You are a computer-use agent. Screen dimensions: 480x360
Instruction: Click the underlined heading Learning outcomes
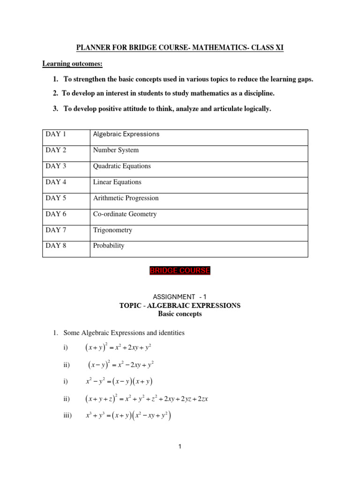click(x=72, y=63)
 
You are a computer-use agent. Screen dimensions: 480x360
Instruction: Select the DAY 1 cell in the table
click(x=56, y=134)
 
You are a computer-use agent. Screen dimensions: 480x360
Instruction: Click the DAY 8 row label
click(x=56, y=246)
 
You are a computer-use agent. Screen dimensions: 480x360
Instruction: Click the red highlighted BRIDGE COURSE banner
click(x=180, y=271)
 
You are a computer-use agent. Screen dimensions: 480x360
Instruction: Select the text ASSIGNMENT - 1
click(x=180, y=297)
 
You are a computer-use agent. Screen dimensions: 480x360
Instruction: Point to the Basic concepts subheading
click(x=180, y=314)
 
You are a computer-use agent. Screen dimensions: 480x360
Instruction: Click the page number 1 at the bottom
click(x=180, y=447)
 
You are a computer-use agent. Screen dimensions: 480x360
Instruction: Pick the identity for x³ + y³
click(x=128, y=415)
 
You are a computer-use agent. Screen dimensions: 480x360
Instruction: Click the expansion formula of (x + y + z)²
click(x=147, y=399)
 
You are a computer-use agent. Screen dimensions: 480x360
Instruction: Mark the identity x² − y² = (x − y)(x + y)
click(x=120, y=382)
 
